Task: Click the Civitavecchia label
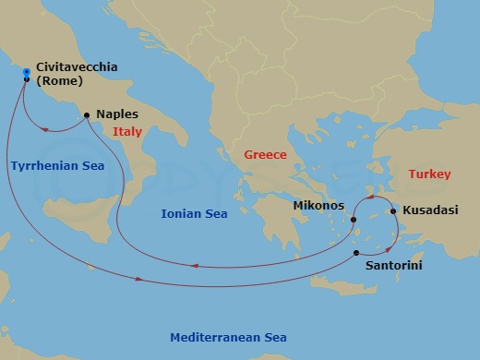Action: [x=77, y=67]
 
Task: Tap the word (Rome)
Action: [x=60, y=81]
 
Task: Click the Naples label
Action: [x=117, y=115]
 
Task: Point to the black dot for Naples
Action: [x=87, y=115]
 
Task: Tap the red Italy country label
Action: [x=127, y=132]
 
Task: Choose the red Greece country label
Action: [x=265, y=155]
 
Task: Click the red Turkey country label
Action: [x=429, y=174]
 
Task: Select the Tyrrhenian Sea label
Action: [x=57, y=165]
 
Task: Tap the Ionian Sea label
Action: [x=194, y=213]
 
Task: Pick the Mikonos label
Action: [x=318, y=205]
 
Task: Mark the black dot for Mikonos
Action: [x=354, y=220]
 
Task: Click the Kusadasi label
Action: [x=431, y=210]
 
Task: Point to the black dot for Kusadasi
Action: [x=394, y=210]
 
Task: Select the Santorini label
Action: [x=370, y=264]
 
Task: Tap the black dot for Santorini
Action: [x=356, y=251]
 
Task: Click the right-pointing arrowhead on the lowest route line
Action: [x=138, y=279]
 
